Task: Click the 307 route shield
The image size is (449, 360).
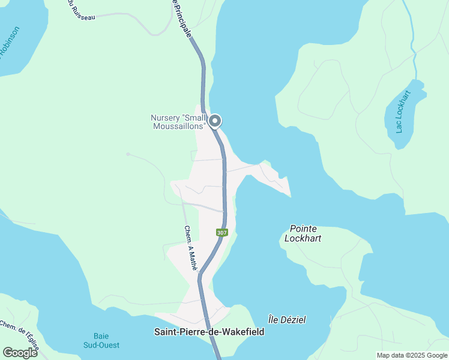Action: point(222,232)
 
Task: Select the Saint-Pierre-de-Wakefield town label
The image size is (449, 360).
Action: point(209,332)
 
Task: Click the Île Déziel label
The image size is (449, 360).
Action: point(286,320)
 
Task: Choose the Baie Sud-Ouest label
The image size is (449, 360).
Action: point(101,340)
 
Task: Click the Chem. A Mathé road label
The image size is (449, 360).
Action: point(191,248)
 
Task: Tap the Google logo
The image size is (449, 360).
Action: point(20,352)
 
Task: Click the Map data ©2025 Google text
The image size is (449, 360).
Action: point(412,355)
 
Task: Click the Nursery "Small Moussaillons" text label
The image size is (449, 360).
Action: point(179,122)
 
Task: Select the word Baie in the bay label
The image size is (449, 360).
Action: point(101,336)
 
